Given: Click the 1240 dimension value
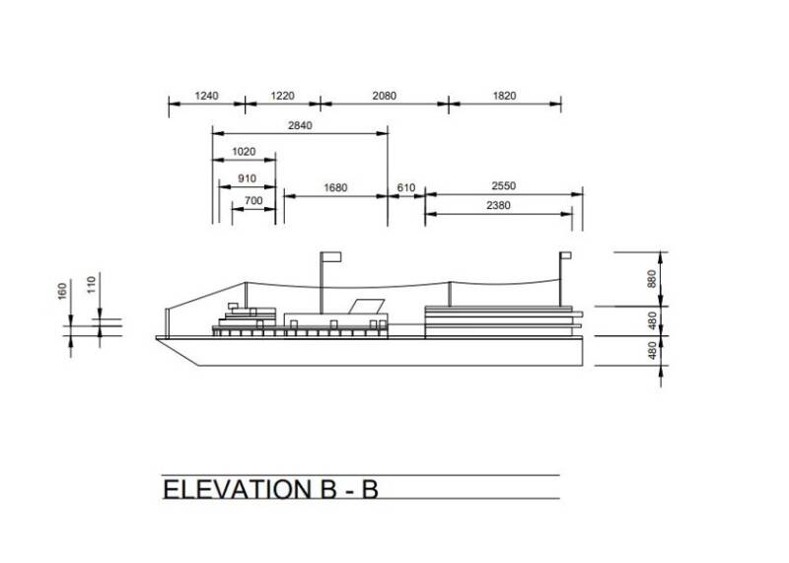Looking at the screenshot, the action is point(206,96).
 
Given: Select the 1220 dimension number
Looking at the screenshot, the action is point(282,96).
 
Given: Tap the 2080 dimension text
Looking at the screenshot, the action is point(385,96).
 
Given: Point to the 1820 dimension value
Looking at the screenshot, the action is point(504,96).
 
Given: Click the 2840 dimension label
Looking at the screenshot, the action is point(300,125).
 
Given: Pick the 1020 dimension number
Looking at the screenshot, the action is point(244,152).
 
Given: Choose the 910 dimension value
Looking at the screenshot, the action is point(247,178).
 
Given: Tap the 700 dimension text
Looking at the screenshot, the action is point(253,201).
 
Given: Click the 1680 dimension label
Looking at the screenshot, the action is point(335,187).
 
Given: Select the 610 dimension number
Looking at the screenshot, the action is point(406,187).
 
